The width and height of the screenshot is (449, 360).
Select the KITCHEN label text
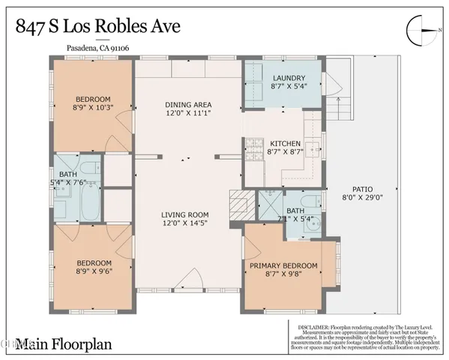click(285, 142)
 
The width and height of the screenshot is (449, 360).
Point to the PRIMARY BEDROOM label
click(283, 265)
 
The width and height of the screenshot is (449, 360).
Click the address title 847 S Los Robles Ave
click(98, 28)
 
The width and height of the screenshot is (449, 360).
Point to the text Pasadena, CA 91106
click(88, 50)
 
